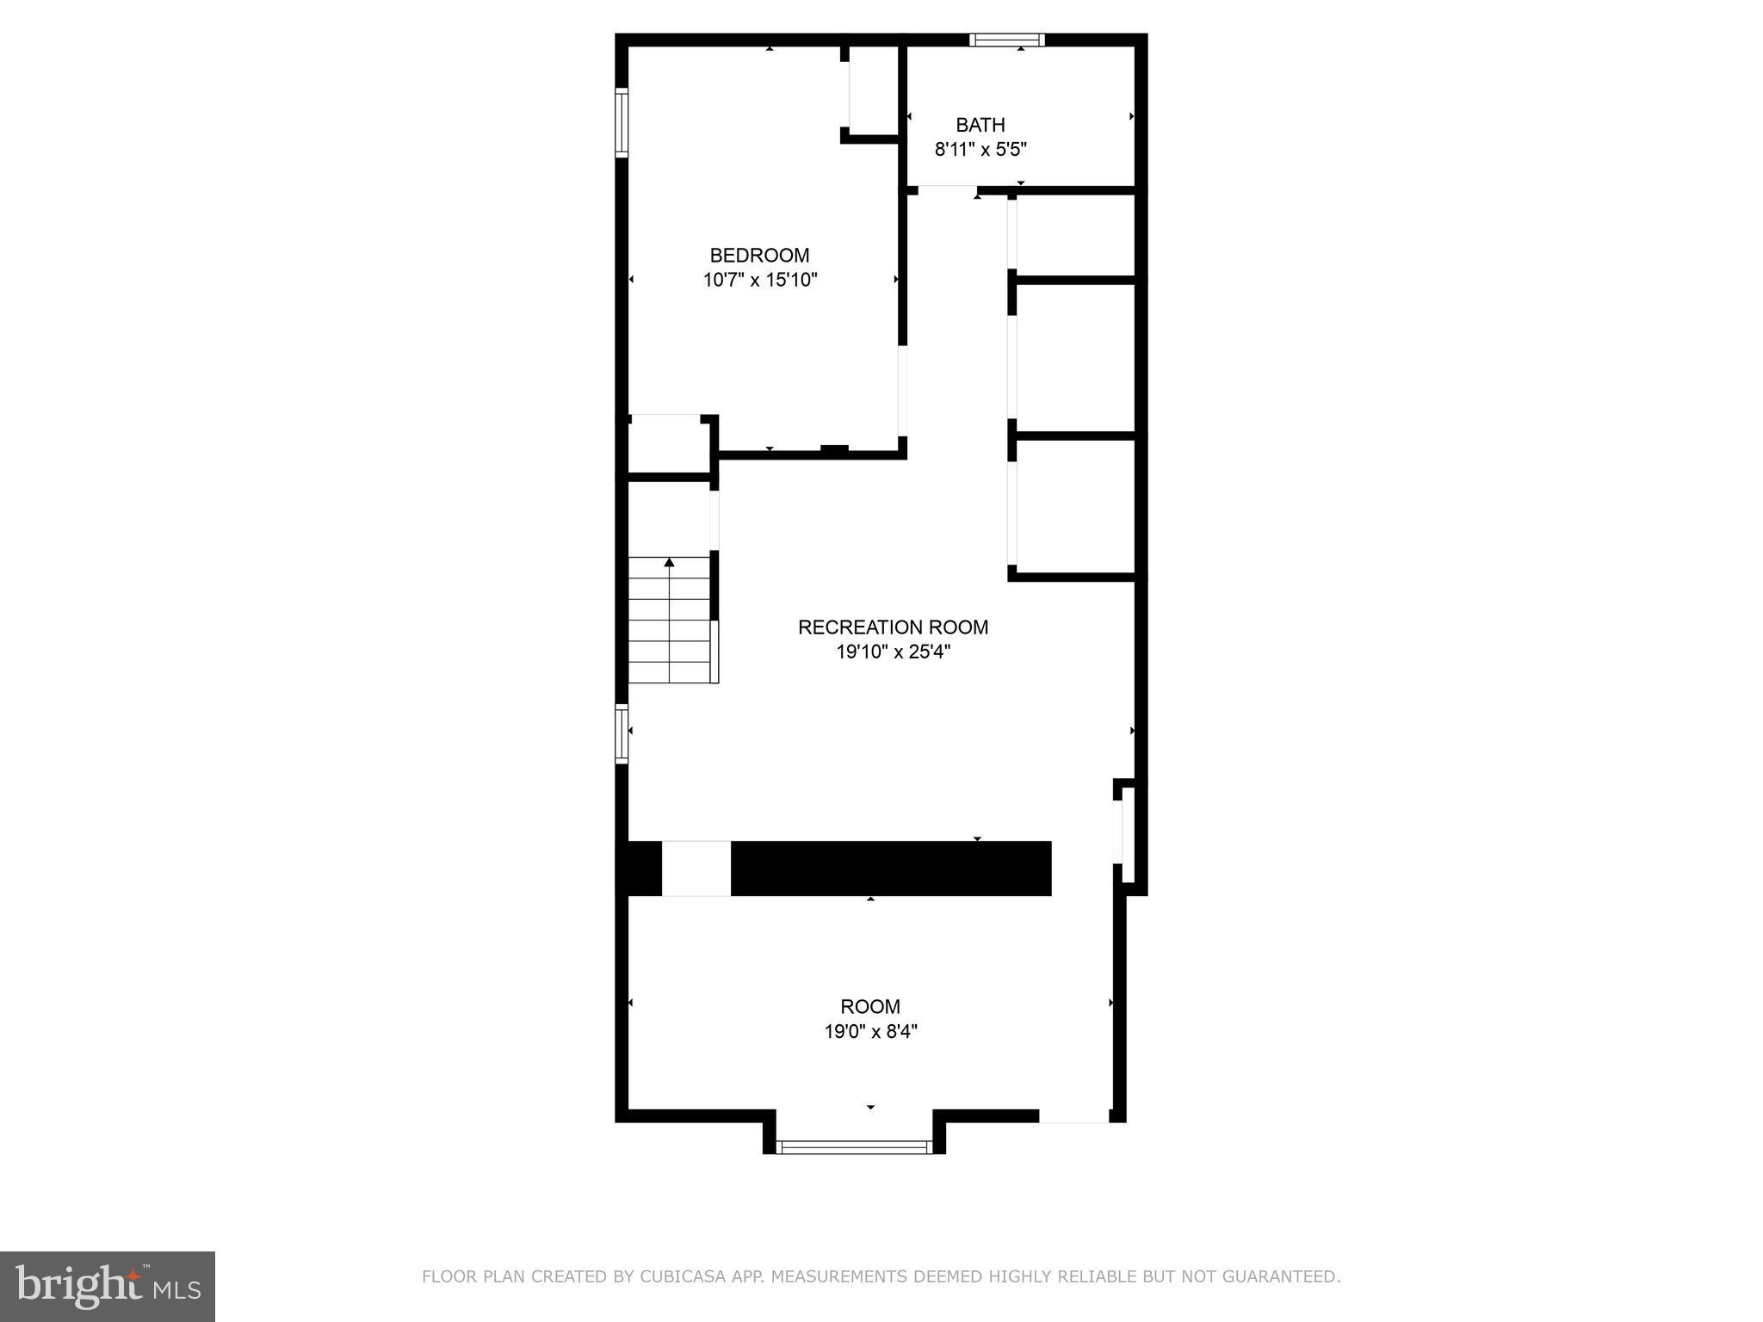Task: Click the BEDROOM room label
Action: coord(759,256)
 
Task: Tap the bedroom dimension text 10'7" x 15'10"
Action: coord(759,280)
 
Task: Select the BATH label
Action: coord(980,125)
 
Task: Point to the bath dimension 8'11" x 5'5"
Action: coord(980,149)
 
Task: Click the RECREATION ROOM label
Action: coord(893,627)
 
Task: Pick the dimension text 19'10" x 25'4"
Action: coord(893,652)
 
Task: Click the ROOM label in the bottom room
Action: coord(870,1006)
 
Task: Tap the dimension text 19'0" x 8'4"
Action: coord(870,1031)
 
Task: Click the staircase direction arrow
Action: coord(669,563)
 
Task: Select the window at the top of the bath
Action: coord(1006,40)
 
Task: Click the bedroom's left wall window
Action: coord(622,122)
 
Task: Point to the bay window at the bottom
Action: coord(854,1146)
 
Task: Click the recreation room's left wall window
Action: coord(622,733)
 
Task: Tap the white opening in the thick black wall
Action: coord(696,868)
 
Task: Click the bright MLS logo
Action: coord(108,1286)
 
